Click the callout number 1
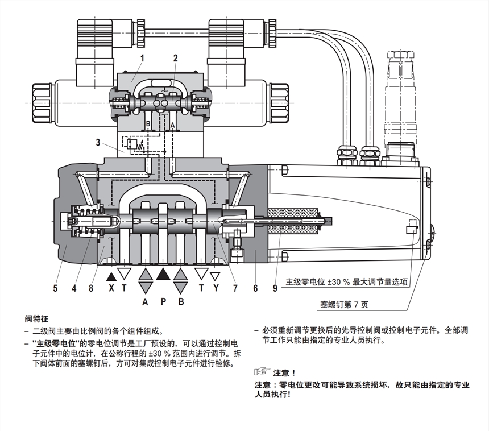point(142,57)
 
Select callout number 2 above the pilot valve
point(176,57)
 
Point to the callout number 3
point(98,142)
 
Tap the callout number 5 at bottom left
point(55,288)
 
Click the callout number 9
point(275,288)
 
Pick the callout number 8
point(90,288)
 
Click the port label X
point(111,288)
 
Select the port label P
point(163,301)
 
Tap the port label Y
point(215,288)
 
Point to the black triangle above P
point(163,274)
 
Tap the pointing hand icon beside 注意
point(262,372)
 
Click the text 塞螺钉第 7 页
point(343,304)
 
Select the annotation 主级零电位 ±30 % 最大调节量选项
point(346,281)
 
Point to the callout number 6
point(255,288)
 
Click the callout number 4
point(74,288)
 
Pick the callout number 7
point(234,288)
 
